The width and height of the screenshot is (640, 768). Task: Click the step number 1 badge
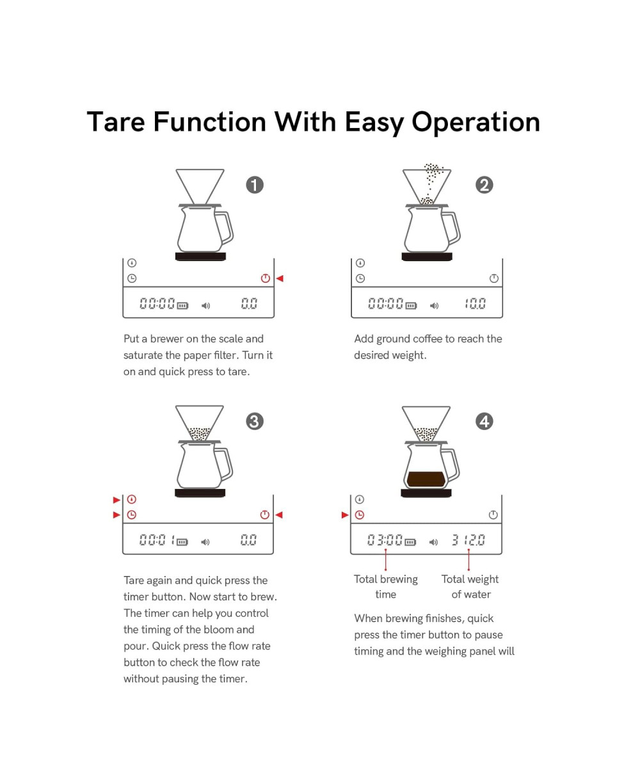click(255, 185)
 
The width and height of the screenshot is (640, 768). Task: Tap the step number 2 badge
click(484, 185)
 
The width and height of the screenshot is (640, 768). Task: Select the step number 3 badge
click(255, 421)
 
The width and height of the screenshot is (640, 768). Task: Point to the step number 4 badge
click(484, 421)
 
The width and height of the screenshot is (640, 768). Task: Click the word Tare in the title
click(116, 122)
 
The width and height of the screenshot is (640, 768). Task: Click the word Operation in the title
click(476, 122)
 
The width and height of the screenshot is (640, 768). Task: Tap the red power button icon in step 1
click(265, 278)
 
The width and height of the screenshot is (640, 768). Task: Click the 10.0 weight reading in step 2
click(475, 303)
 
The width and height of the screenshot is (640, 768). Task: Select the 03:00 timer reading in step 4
click(385, 540)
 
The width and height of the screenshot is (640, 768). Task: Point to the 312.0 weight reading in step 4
click(468, 540)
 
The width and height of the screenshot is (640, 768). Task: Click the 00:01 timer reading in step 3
click(157, 540)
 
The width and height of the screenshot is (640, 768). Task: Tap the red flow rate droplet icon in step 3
click(132, 499)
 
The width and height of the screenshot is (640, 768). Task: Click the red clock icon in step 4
click(359, 515)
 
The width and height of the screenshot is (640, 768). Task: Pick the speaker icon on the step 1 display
click(205, 305)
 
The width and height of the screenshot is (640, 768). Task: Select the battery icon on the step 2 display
click(411, 305)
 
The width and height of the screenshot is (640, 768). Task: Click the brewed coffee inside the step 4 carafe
click(426, 479)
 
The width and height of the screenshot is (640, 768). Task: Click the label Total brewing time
click(385, 586)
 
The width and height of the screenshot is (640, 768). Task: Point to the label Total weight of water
click(470, 586)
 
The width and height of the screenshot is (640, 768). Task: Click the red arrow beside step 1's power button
click(280, 278)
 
